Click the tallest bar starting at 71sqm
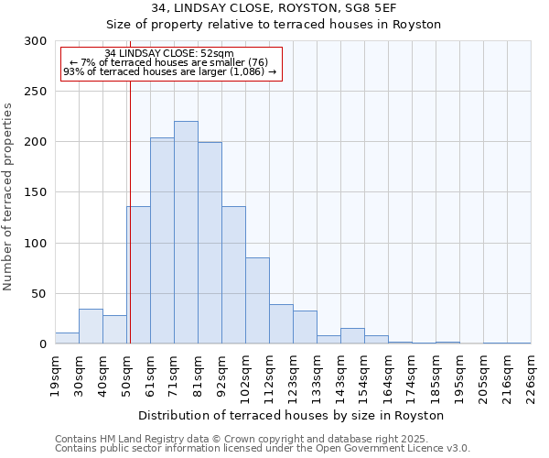click(186, 233)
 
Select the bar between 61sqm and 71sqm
click(162, 241)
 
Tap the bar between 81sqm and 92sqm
click(210, 243)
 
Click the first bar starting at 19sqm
click(67, 338)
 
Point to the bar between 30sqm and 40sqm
click(91, 326)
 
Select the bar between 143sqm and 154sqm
click(352, 336)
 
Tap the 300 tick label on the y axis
click(35, 41)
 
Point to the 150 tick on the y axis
click(35, 192)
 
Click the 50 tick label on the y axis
click(38, 294)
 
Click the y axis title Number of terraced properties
click(9, 196)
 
